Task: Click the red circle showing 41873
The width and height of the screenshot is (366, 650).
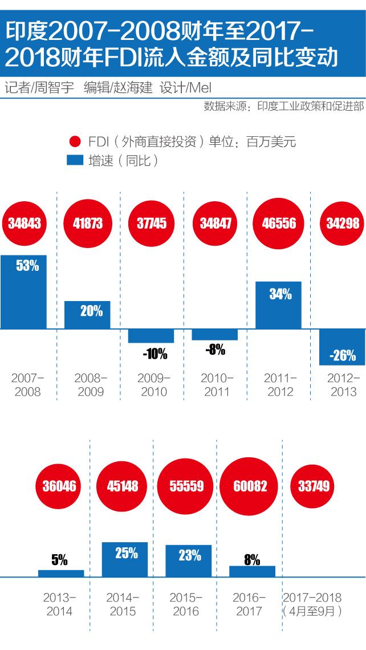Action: click(87, 222)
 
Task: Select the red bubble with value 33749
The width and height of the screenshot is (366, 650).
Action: click(312, 486)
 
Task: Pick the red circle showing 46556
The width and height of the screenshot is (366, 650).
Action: click(279, 222)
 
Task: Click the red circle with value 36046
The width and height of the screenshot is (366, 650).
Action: click(59, 486)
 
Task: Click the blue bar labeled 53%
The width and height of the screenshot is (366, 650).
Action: click(23, 291)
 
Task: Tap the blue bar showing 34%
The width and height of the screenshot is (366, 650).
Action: click(278, 304)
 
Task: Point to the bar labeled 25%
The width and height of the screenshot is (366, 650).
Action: click(124, 559)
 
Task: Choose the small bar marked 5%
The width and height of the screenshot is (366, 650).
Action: click(61, 573)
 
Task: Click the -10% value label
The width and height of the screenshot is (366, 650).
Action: click(155, 354)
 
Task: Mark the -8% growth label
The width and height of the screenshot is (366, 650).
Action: click(215, 350)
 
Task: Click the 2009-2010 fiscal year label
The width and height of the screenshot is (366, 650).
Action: click(154, 385)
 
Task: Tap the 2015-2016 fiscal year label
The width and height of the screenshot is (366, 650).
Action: click(185, 604)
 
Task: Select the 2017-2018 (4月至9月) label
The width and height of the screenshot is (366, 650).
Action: click(312, 604)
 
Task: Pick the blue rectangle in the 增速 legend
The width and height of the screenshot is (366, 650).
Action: click(75, 161)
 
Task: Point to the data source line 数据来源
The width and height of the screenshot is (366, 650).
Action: click(283, 106)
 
